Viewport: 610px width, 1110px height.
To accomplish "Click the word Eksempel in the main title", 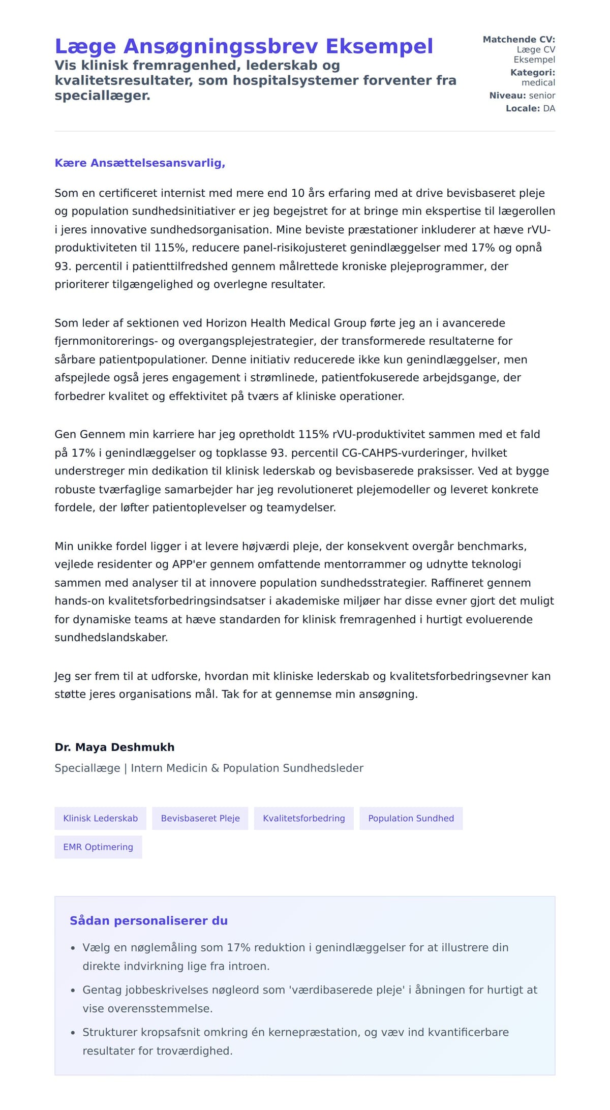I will (x=379, y=46).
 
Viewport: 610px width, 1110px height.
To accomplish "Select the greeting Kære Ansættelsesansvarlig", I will (x=140, y=163).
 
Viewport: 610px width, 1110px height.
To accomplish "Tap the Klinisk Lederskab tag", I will (x=100, y=818).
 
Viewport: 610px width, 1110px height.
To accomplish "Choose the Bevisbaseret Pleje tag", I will (x=200, y=818).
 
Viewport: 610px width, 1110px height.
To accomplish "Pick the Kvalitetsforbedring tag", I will (x=303, y=818).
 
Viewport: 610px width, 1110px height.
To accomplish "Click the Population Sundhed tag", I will (x=411, y=818).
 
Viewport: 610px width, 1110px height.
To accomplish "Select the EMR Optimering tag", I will (x=98, y=847).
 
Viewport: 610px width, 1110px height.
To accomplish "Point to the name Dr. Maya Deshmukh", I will (x=114, y=747).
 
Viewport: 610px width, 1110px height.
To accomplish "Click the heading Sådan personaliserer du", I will (x=148, y=921).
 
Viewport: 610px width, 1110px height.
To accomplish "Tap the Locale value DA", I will (x=549, y=108).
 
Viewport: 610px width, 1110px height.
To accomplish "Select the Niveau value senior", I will (x=542, y=96).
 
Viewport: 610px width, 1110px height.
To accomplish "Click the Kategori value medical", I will (x=538, y=82).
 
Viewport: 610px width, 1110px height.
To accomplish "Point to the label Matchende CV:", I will (x=518, y=40).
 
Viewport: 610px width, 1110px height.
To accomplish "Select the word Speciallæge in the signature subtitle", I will (x=87, y=768).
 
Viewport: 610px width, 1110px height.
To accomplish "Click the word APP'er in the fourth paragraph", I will (x=188, y=564).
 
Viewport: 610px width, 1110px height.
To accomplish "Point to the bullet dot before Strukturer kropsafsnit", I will (x=73, y=1033).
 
